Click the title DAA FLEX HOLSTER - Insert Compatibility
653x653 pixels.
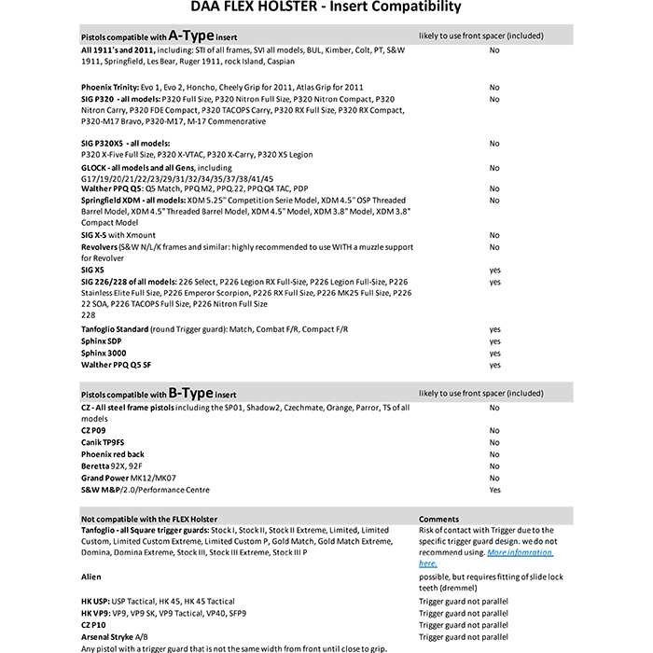(326, 7)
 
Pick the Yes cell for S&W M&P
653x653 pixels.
(494, 490)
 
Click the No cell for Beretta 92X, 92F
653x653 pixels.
(494, 466)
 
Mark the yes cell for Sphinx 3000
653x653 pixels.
(494, 354)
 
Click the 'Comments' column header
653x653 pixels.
(438, 519)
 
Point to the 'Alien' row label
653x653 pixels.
(91, 577)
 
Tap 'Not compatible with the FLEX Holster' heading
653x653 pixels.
(149, 519)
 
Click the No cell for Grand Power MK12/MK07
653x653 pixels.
(494, 478)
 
